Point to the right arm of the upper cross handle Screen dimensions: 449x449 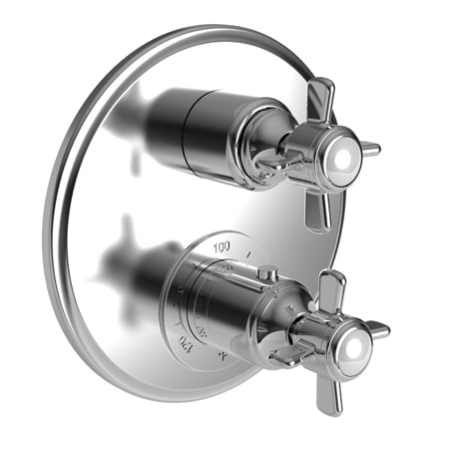[369, 150]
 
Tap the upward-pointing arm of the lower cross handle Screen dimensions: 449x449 [331, 287]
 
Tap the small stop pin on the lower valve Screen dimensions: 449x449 [266, 272]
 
